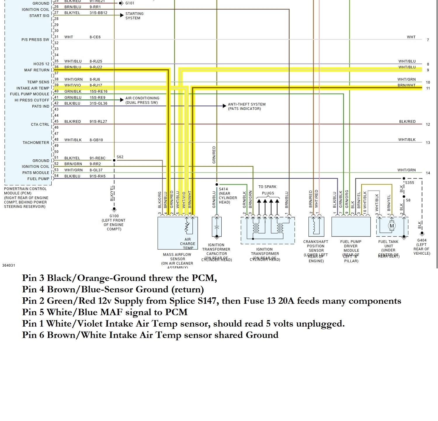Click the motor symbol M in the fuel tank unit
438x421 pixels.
(392, 226)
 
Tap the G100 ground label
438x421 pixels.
(114, 216)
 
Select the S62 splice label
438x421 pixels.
(120, 157)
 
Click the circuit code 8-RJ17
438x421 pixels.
(96, 85)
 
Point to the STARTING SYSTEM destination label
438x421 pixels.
(134, 16)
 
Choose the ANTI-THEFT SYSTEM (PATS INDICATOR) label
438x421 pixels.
(247, 106)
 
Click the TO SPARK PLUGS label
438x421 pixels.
(267, 190)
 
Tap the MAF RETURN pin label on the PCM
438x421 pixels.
(37, 70)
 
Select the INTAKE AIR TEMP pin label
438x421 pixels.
(33, 88)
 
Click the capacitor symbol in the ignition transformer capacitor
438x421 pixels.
(216, 227)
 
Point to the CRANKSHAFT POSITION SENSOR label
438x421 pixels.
(316, 246)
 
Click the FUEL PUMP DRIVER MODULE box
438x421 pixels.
(351, 227)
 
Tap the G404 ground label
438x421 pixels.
(422, 240)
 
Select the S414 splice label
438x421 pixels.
(223, 189)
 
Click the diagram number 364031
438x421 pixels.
(8, 265)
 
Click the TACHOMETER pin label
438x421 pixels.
(36, 143)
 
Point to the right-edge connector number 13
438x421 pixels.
(428, 143)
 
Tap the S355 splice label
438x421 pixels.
(409, 183)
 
